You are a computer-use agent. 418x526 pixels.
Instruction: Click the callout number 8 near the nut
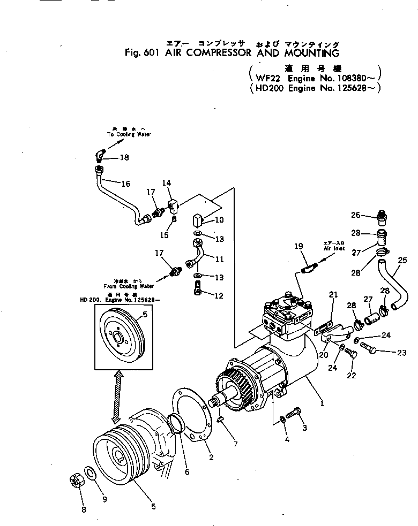click(84, 510)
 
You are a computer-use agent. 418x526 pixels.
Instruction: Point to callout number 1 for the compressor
click(322, 405)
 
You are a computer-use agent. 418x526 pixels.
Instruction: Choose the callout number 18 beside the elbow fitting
click(124, 158)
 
